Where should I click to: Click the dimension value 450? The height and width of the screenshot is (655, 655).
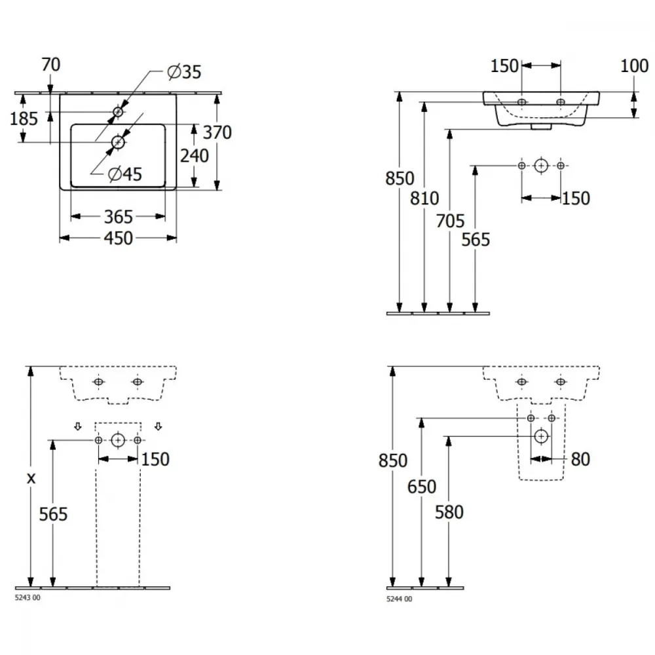point(118,238)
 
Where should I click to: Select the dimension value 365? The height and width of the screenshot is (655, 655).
point(118,217)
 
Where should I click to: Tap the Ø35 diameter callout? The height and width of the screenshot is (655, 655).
point(184,72)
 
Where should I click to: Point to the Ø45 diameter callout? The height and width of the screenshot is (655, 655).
point(125,174)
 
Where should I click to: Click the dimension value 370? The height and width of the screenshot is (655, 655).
point(217,132)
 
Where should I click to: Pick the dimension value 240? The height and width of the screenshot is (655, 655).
point(195,156)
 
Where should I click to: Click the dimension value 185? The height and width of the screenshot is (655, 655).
point(24,119)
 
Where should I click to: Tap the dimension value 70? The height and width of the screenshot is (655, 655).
point(51,65)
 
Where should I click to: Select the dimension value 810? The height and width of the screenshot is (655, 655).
point(424,198)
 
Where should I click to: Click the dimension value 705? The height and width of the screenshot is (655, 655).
point(450,221)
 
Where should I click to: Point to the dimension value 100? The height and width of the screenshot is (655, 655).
point(634,66)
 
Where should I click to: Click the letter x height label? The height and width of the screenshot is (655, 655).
point(31,478)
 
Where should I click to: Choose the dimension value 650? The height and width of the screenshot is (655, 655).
point(422,487)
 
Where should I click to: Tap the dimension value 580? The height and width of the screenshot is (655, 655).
point(449,512)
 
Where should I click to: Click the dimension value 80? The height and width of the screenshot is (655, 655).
point(580,460)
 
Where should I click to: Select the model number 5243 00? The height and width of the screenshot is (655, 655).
point(28,598)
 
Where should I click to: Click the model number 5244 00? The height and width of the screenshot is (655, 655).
point(400,599)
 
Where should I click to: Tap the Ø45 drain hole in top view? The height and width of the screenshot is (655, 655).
point(118,142)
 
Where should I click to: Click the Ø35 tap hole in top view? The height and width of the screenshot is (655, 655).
point(118,112)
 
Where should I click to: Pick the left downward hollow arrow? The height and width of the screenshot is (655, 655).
point(78,426)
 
